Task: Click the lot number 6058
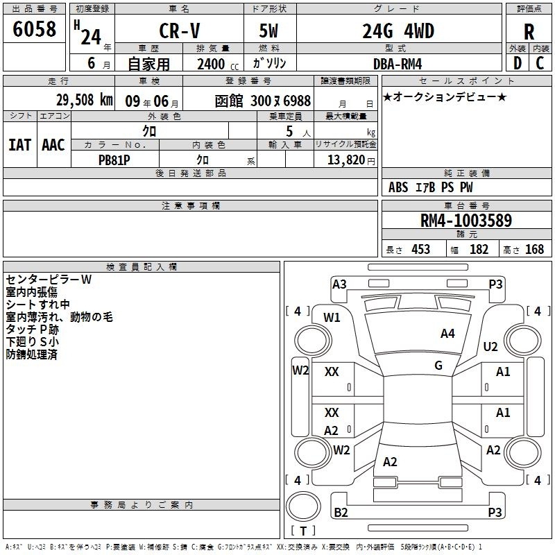34,29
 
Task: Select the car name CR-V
180,31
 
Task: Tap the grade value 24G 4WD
398,31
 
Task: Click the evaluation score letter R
529,33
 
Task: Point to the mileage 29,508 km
85,100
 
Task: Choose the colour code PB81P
114,160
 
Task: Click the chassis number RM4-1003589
466,221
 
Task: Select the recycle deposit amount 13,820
345,160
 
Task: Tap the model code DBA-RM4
398,64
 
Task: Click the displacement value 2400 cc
218,64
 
